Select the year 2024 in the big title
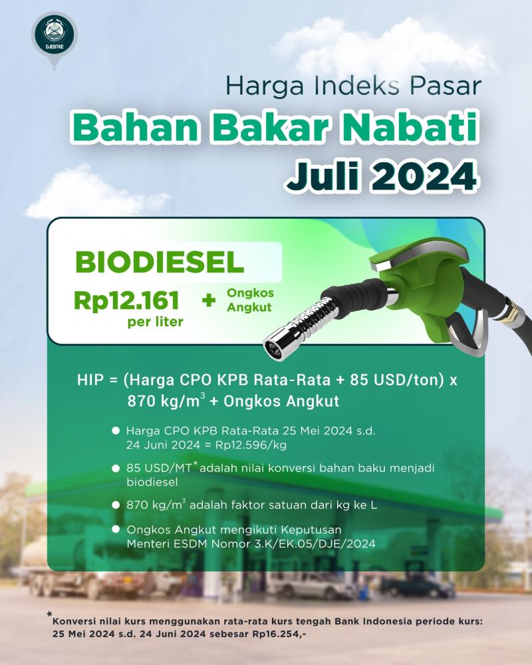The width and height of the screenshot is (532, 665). click(424, 175)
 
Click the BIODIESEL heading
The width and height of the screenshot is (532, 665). click(160, 262)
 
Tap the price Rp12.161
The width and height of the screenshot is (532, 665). click(127, 301)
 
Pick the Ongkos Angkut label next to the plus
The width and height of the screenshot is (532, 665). click(250, 300)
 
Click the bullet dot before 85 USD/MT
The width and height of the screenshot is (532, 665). click(116, 468)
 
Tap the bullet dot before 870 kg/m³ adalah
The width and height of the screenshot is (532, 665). click(116, 505)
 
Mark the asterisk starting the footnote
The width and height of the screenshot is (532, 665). click(49, 614)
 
